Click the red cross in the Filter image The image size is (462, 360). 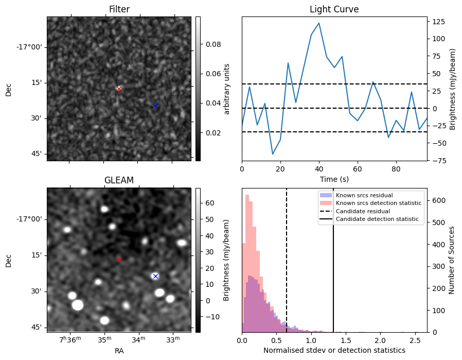coord(119,89)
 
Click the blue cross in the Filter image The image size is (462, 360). coord(155,106)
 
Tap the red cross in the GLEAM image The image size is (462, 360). coord(119,260)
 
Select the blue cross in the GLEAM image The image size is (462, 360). coord(155,276)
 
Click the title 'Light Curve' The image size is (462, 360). coord(334,9)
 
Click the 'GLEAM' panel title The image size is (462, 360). coord(119,180)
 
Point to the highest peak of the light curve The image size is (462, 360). coord(319,23)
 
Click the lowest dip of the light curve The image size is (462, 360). coord(273,154)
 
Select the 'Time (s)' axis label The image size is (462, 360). coord(334,179)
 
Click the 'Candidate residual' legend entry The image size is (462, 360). coord(361,212)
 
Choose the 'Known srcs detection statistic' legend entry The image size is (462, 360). coord(378,203)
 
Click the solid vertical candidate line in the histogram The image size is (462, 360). coord(333,268)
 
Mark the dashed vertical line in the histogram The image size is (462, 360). coord(287,268)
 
